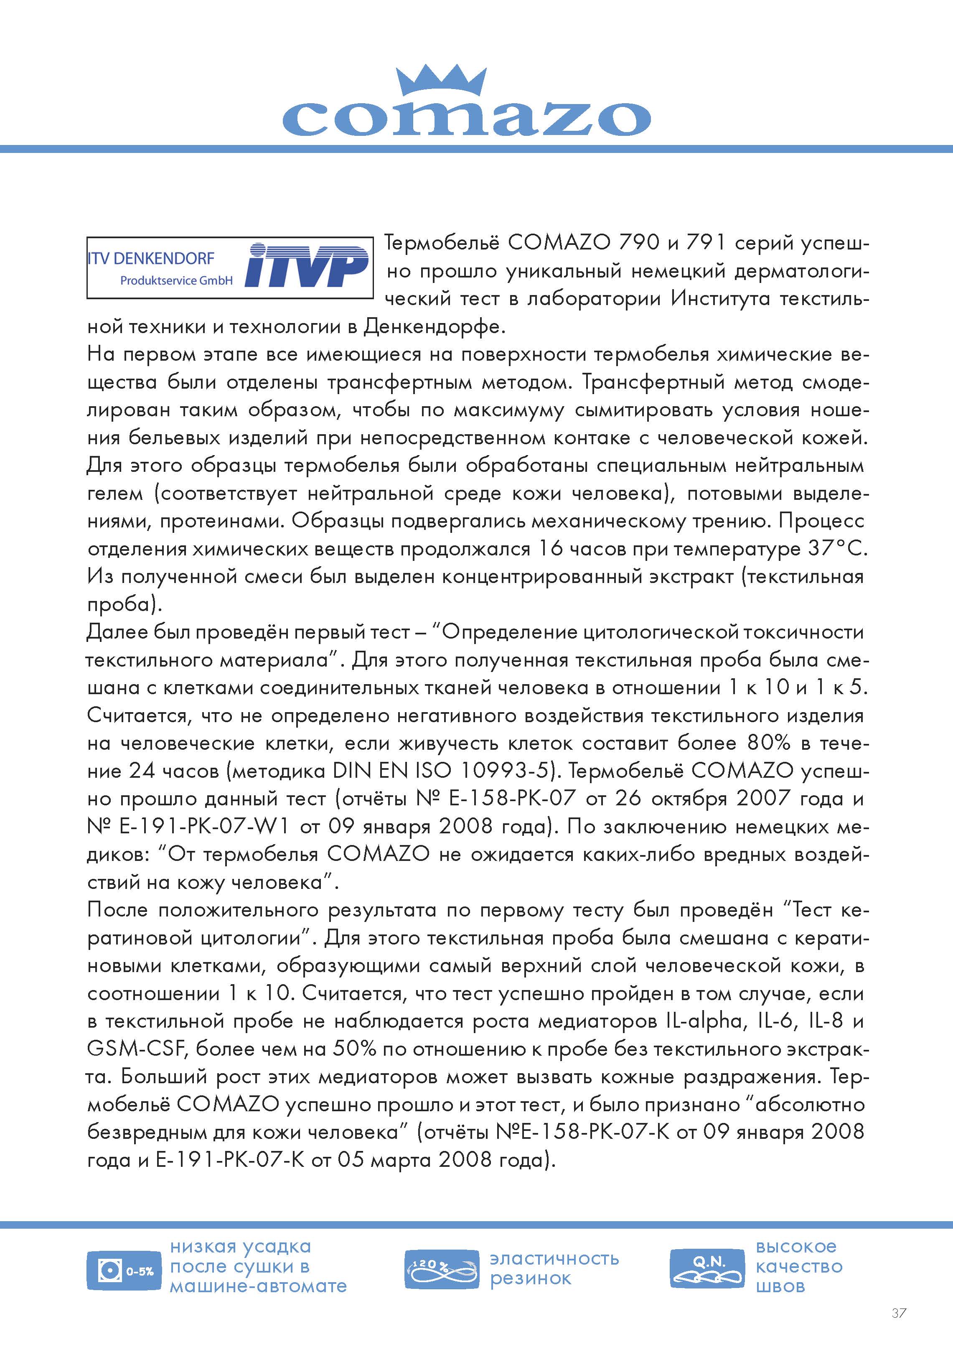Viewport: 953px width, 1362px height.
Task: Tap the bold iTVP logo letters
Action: pyautogui.click(x=306, y=266)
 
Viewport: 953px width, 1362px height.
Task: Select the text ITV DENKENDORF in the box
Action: pyautogui.click(x=151, y=259)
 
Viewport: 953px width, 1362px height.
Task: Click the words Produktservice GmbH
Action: pyautogui.click(x=176, y=280)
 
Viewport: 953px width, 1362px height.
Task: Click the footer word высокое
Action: pyautogui.click(x=796, y=1246)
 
